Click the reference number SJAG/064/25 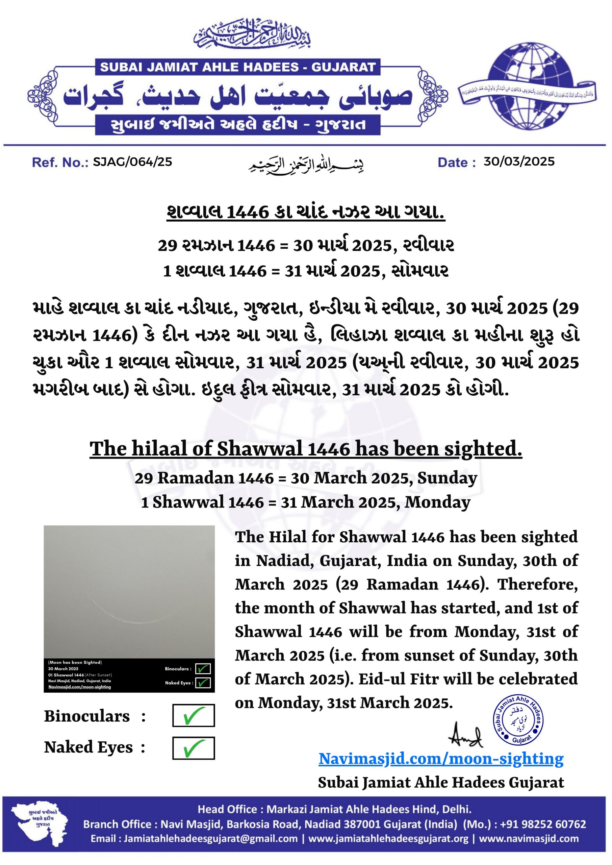[x=132, y=162]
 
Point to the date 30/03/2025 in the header [x=519, y=162]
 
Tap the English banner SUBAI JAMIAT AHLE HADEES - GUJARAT [x=238, y=67]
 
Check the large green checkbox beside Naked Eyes [x=193, y=748]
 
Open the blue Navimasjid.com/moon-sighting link [x=441, y=759]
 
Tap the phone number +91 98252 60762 [x=543, y=824]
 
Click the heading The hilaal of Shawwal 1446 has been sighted [x=306, y=449]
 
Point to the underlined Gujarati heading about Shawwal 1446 [x=306, y=212]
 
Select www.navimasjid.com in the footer [x=528, y=839]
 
